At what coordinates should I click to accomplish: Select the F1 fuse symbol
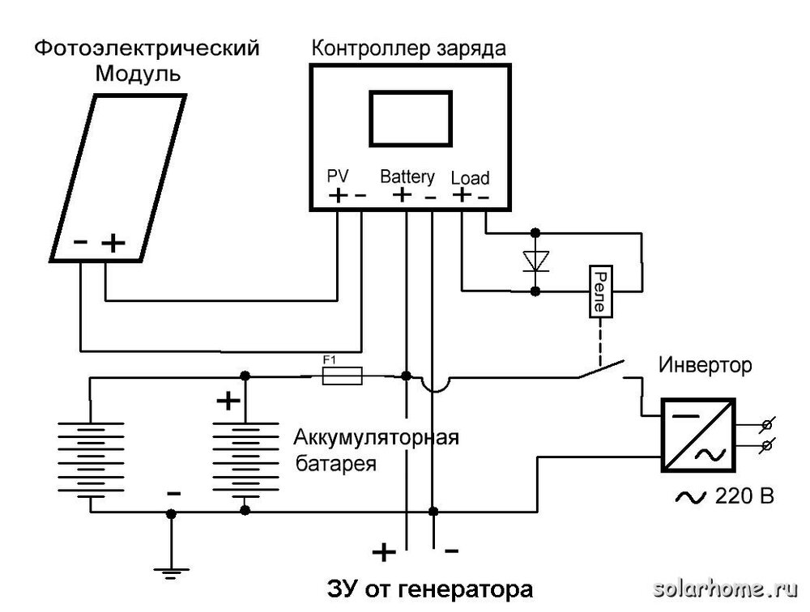[x=343, y=376]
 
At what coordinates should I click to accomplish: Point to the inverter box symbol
[x=697, y=434]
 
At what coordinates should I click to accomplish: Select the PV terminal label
[x=337, y=176]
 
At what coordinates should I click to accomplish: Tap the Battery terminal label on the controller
[x=407, y=176]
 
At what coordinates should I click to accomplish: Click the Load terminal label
[x=470, y=177]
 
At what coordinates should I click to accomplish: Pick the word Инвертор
[x=706, y=366]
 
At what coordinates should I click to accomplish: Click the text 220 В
[x=733, y=495]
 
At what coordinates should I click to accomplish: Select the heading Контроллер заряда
[x=409, y=48]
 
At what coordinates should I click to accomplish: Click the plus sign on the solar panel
[x=115, y=242]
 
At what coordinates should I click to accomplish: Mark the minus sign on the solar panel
[x=81, y=242]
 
